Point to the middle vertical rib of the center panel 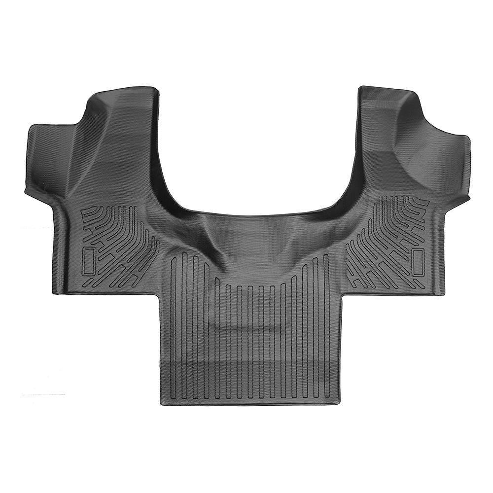pos(250,335)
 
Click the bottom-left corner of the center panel pos(163,402)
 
